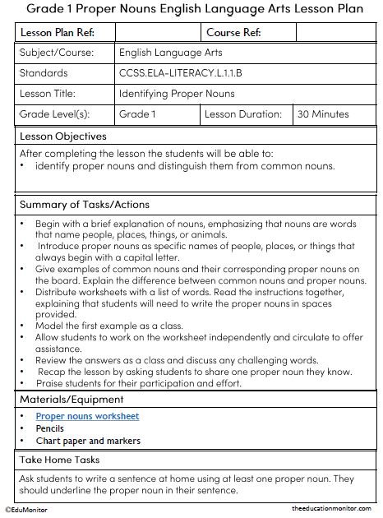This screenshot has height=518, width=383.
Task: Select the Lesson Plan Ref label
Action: [x=56, y=32]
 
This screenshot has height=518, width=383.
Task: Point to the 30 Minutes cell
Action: [x=324, y=114]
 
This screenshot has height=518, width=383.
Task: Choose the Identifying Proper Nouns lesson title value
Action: [x=177, y=94]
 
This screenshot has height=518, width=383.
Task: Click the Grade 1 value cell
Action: [x=137, y=114]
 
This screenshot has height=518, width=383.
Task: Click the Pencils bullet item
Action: [x=50, y=428]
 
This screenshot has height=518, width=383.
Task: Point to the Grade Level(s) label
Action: [x=54, y=114]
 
